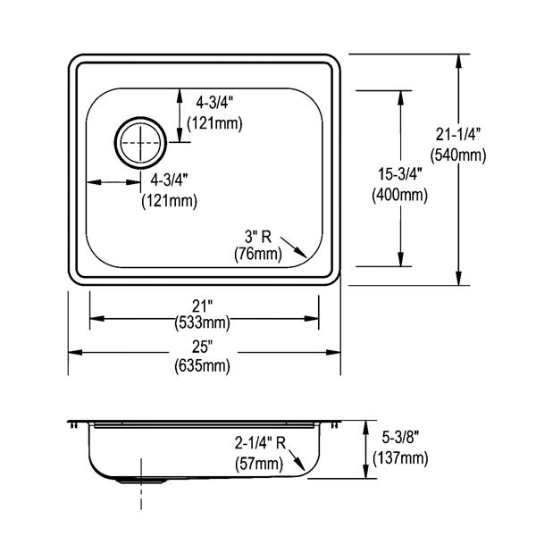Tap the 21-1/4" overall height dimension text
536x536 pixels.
(458, 134)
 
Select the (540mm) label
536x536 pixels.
(458, 155)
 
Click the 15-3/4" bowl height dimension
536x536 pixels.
(400, 174)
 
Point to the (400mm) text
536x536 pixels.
(400, 196)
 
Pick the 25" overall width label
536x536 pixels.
(203, 347)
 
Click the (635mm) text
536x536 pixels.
(203, 366)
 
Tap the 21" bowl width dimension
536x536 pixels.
(203, 306)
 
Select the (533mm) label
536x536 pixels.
(203, 322)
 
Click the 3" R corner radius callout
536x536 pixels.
(258, 237)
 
